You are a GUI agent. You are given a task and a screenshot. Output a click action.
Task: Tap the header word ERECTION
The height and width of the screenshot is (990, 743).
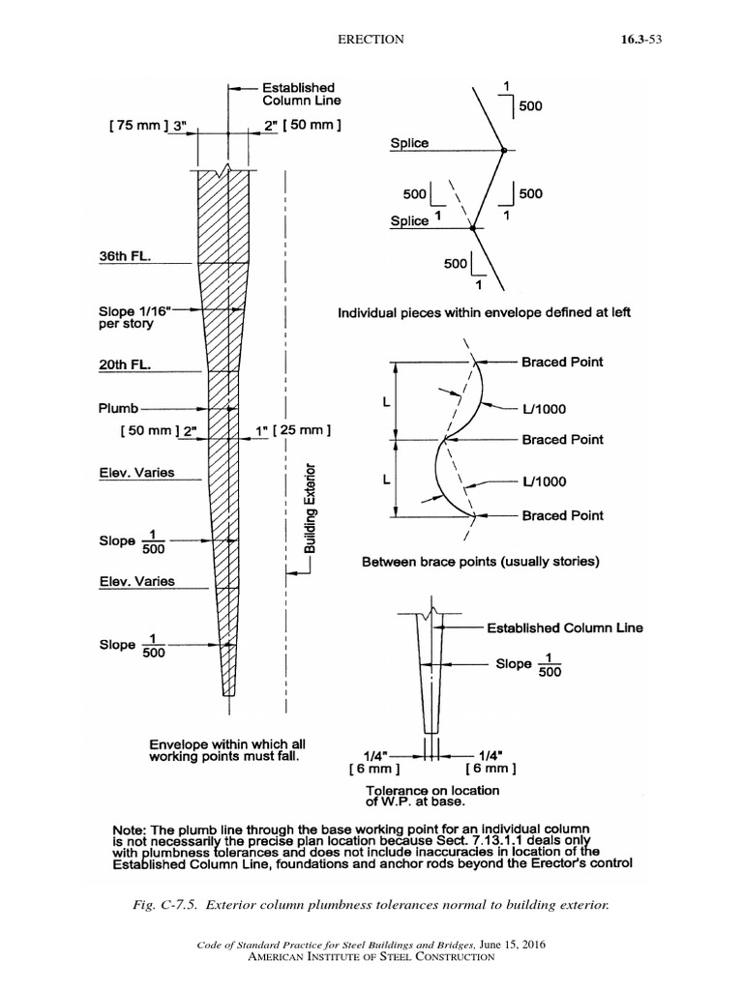(x=369, y=40)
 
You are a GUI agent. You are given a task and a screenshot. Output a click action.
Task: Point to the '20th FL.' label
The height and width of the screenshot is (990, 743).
(x=131, y=366)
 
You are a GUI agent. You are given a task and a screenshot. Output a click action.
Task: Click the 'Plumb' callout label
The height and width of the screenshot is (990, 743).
(x=119, y=408)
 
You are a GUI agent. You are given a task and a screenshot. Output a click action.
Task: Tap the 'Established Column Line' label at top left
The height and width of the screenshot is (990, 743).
(x=301, y=93)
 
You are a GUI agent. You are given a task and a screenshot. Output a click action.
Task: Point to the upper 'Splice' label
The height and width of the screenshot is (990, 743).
(x=409, y=143)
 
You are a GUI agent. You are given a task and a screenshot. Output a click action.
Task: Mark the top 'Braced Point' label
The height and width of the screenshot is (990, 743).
(x=562, y=362)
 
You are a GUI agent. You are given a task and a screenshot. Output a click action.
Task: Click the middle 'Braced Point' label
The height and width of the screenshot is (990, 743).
(x=562, y=439)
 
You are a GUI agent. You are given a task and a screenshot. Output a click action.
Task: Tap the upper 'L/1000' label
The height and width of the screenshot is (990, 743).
(x=544, y=409)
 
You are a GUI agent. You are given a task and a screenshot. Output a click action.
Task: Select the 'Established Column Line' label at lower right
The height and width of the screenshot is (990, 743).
(x=564, y=627)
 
